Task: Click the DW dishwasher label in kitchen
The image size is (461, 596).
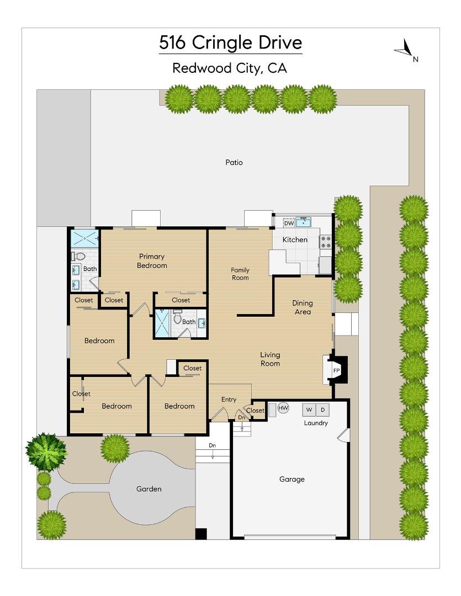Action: pyautogui.click(x=289, y=223)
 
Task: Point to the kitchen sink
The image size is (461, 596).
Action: pyautogui.click(x=304, y=222)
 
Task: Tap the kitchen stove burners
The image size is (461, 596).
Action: pyautogui.click(x=326, y=242)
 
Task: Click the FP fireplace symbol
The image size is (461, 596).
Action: pyautogui.click(x=336, y=369)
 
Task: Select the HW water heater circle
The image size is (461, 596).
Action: pyautogui.click(x=283, y=408)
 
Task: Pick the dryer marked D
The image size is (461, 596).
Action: pyautogui.click(x=323, y=409)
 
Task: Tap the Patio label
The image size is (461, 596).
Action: pyautogui.click(x=234, y=162)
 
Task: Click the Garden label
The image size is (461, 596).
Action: pyautogui.click(x=149, y=489)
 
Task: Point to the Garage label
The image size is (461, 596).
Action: pyautogui.click(x=292, y=479)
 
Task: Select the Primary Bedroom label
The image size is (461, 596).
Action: pyautogui.click(x=152, y=261)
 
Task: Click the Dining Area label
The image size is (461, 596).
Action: pyautogui.click(x=303, y=307)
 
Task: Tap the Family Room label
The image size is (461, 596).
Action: pyautogui.click(x=240, y=274)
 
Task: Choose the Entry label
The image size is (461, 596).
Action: pyautogui.click(x=229, y=400)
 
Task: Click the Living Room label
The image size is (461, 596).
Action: pyautogui.click(x=271, y=359)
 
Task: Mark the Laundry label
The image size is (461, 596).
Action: pyautogui.click(x=316, y=423)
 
